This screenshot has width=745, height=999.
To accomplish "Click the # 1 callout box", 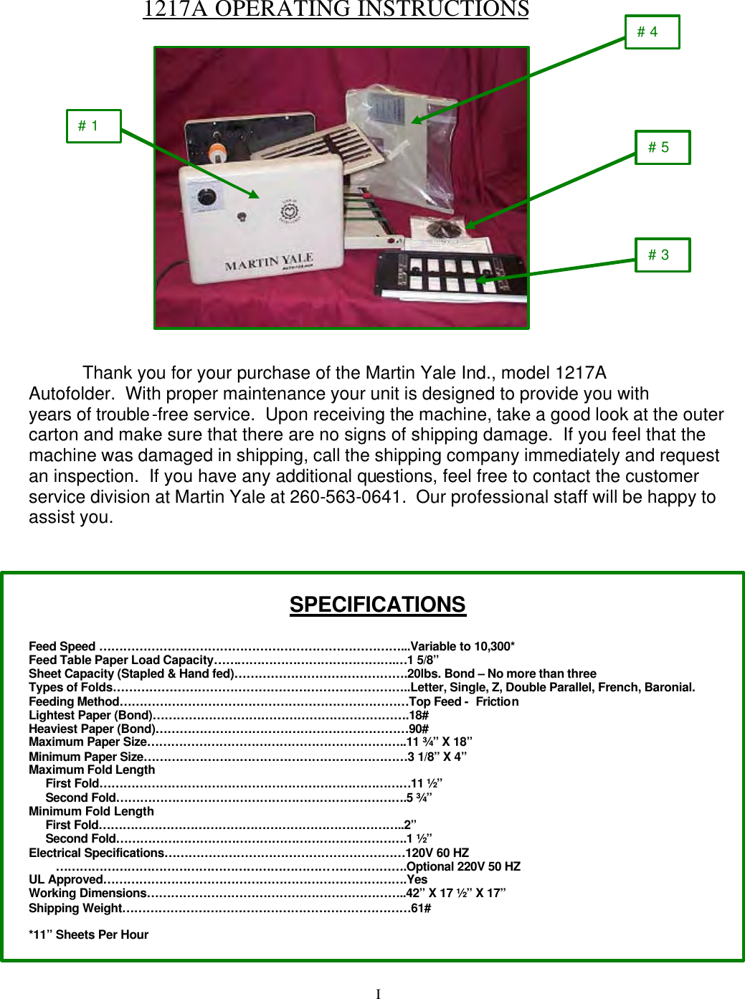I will [93, 126].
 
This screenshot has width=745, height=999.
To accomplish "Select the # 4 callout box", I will [652, 32].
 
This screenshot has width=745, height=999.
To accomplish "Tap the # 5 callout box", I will [663, 148].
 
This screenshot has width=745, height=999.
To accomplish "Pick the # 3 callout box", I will [663, 255].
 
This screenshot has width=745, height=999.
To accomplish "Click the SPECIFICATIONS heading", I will [377, 605].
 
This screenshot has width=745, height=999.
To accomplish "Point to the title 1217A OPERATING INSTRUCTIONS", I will [336, 9].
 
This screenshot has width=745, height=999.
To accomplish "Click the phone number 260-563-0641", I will [345, 497].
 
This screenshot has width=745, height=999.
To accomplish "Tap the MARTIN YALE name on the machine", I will [269, 262].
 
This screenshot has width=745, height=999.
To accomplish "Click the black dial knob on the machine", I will [207, 197].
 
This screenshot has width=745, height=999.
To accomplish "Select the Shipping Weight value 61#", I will [421, 908].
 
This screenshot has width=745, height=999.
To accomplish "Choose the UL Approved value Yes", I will [417, 879].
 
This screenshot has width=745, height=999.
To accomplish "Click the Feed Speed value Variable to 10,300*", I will [462, 646].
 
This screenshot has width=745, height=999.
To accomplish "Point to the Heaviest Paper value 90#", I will [419, 729].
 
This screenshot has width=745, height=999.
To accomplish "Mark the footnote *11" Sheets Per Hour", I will [88, 934].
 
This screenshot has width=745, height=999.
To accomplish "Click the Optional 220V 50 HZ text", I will [463, 866].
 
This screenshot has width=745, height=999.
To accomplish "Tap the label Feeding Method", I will [74, 701].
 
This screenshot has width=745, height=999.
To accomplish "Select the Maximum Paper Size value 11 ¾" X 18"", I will [440, 742].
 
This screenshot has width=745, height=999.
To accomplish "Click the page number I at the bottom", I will [378, 993].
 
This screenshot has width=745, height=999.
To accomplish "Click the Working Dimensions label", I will [87, 894].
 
